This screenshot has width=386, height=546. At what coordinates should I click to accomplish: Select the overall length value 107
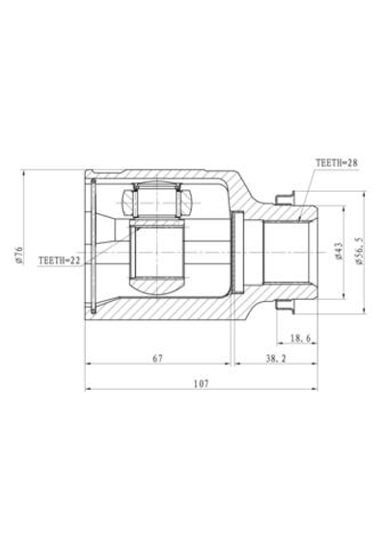[201, 383]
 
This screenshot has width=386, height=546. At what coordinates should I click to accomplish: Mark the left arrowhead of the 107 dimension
[89, 389]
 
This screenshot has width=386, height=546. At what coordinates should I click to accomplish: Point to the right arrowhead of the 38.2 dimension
[313, 365]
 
